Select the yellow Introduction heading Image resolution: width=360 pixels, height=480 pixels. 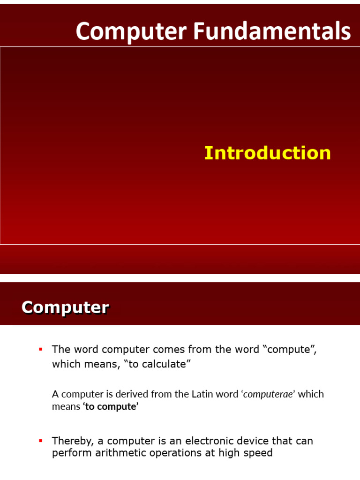[x=267, y=153]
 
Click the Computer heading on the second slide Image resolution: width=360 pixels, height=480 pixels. [x=65, y=307]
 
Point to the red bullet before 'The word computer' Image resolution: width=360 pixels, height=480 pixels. [x=40, y=349]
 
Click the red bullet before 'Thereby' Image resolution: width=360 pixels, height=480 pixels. [x=40, y=441]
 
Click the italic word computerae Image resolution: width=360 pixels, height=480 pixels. [x=269, y=394]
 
